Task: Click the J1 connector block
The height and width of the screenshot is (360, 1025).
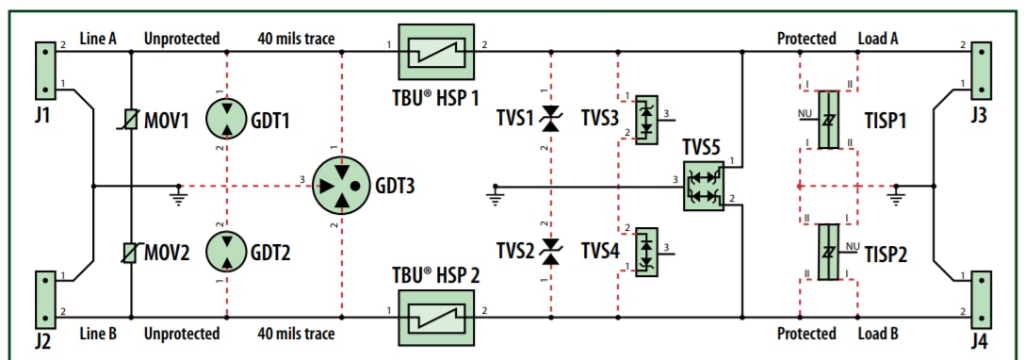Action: pos(44,70)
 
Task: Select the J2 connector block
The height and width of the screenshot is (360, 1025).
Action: pos(44,295)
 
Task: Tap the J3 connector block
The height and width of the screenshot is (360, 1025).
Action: pos(982,70)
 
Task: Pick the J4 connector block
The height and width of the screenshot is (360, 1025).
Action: pos(982,295)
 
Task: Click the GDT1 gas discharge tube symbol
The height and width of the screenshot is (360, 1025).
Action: pos(227,121)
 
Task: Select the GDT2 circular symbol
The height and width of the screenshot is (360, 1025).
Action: pos(227,252)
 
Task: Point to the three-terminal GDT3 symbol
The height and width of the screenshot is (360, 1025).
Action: pos(340,186)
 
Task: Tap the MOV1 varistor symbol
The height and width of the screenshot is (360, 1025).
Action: pos(130,121)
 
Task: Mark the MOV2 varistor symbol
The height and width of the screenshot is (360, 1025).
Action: pos(130,252)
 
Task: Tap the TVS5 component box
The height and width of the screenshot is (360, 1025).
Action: pos(702,184)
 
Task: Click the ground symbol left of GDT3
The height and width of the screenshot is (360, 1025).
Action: pos(176,195)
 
